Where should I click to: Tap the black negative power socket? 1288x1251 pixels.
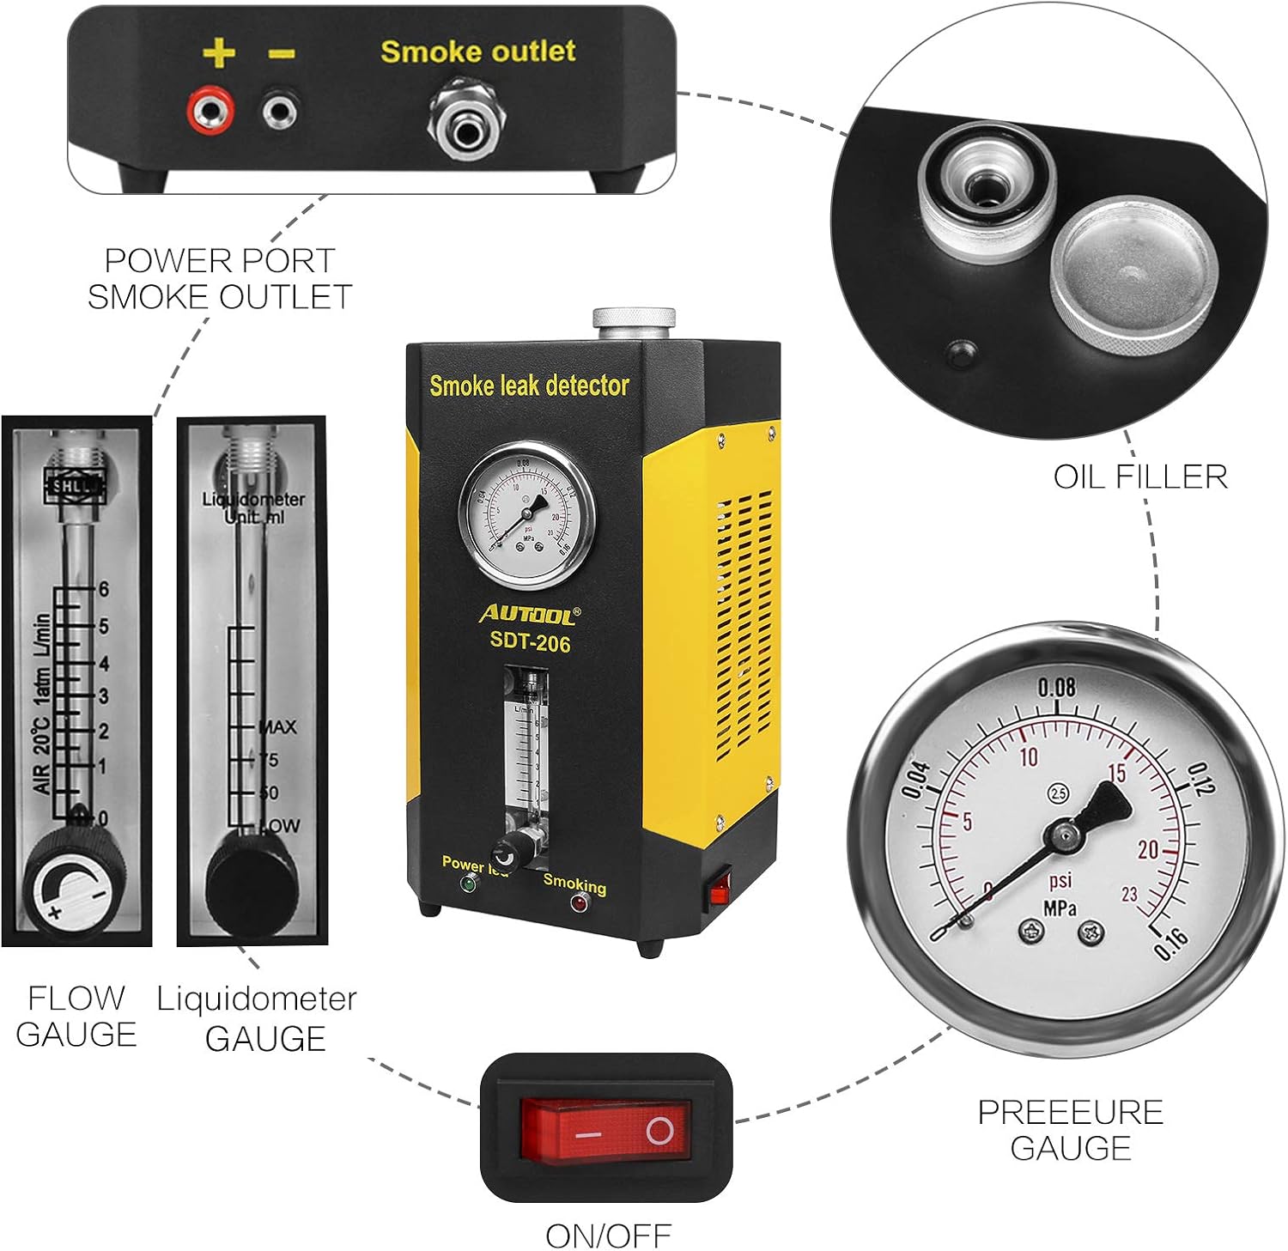point(280,110)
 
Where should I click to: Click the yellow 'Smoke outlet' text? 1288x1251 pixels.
point(477,52)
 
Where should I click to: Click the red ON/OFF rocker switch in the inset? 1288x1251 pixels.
point(605,1132)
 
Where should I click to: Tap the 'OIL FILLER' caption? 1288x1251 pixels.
point(1139,477)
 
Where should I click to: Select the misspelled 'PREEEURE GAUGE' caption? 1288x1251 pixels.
point(1070,1130)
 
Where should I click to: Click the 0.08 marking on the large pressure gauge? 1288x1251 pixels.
point(1056,687)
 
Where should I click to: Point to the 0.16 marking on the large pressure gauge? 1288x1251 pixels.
point(1170,942)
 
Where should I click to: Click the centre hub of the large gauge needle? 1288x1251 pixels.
point(1064,832)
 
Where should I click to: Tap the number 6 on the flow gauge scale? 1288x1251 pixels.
point(104,589)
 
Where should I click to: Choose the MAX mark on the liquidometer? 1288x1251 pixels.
point(279,727)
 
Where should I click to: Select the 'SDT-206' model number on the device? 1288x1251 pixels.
point(530,642)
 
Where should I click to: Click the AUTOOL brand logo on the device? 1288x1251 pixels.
point(529,613)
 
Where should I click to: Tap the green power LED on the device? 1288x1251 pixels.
point(470,884)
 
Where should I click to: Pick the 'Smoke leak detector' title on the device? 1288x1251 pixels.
point(529,386)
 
